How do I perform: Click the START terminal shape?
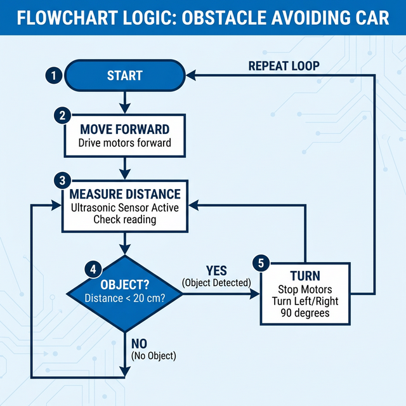124,75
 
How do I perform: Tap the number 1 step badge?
54,75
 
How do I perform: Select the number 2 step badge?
62,115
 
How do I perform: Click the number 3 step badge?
62,180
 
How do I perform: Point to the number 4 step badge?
93,269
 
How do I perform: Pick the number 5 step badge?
260,263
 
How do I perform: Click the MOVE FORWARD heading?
124,129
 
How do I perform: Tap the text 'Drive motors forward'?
124,143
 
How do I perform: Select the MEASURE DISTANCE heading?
125,194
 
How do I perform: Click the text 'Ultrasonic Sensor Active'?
125,207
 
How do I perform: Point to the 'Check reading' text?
125,219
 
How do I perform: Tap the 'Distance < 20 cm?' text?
125,298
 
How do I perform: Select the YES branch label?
216,272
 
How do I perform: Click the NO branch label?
139,344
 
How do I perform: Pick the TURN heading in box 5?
305,277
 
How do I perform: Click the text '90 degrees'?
305,313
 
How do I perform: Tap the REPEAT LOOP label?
284,66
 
